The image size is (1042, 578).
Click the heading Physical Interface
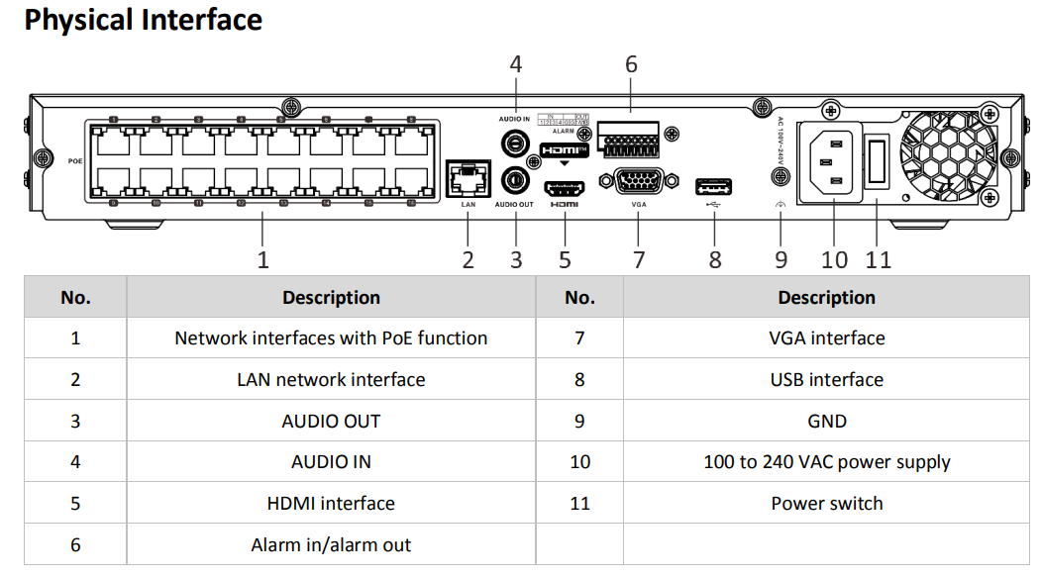[x=143, y=21]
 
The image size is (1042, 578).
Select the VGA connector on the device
[x=639, y=183]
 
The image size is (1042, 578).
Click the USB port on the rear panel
[x=713, y=185]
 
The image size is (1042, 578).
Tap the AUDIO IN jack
[x=514, y=143]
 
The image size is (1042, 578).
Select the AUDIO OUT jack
[x=514, y=180]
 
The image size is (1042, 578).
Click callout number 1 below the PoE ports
[x=262, y=260]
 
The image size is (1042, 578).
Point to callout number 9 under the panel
[x=781, y=260]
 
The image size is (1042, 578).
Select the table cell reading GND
[x=826, y=421]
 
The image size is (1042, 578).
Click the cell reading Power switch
[x=826, y=503]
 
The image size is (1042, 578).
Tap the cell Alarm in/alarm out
[x=331, y=544]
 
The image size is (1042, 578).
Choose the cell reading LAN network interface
[x=331, y=379]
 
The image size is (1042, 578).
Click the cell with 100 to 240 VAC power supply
[x=826, y=462]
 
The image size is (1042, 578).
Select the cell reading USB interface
[x=826, y=379]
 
